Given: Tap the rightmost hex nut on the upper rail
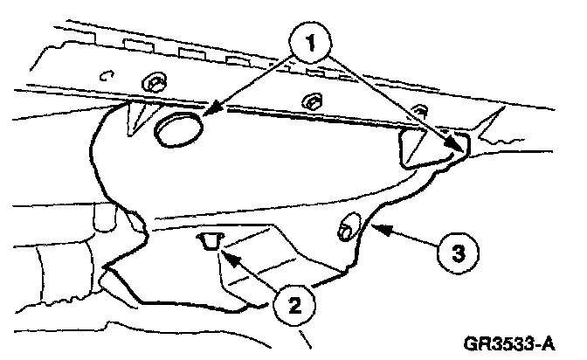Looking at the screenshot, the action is point(420,109).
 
